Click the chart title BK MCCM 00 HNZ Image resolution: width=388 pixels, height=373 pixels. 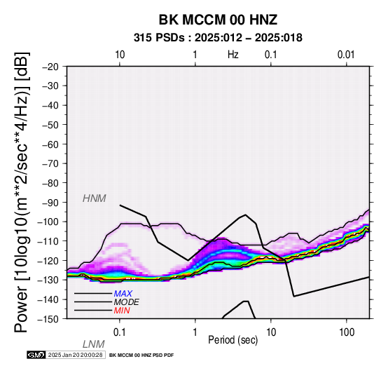point(218,20)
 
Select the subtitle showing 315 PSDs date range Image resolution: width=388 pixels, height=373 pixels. point(218,38)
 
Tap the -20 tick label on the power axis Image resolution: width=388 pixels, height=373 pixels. point(50,67)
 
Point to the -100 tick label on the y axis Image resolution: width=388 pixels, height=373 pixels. point(48,222)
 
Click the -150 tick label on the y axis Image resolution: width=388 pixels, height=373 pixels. point(48,319)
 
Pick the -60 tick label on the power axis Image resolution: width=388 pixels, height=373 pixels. point(50,144)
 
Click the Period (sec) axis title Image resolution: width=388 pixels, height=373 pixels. point(233,340)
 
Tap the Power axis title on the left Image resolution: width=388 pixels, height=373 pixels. point(21,192)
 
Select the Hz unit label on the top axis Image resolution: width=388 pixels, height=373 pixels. point(233,55)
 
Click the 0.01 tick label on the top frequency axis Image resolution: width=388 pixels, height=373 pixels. point(346,55)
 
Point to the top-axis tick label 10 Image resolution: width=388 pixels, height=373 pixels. point(120,55)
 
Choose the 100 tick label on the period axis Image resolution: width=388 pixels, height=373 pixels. point(347,332)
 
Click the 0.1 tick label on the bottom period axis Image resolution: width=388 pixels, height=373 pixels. point(120,332)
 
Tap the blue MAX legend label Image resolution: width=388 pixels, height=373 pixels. point(123,294)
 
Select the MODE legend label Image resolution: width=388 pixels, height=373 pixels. point(127,302)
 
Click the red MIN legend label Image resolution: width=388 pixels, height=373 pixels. point(122,311)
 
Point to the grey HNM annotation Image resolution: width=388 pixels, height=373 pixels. point(95,198)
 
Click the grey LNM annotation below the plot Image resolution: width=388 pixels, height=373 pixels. point(94,344)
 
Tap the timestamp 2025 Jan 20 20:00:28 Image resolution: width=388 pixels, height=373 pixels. point(75,355)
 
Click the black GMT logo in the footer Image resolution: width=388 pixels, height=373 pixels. point(36,355)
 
